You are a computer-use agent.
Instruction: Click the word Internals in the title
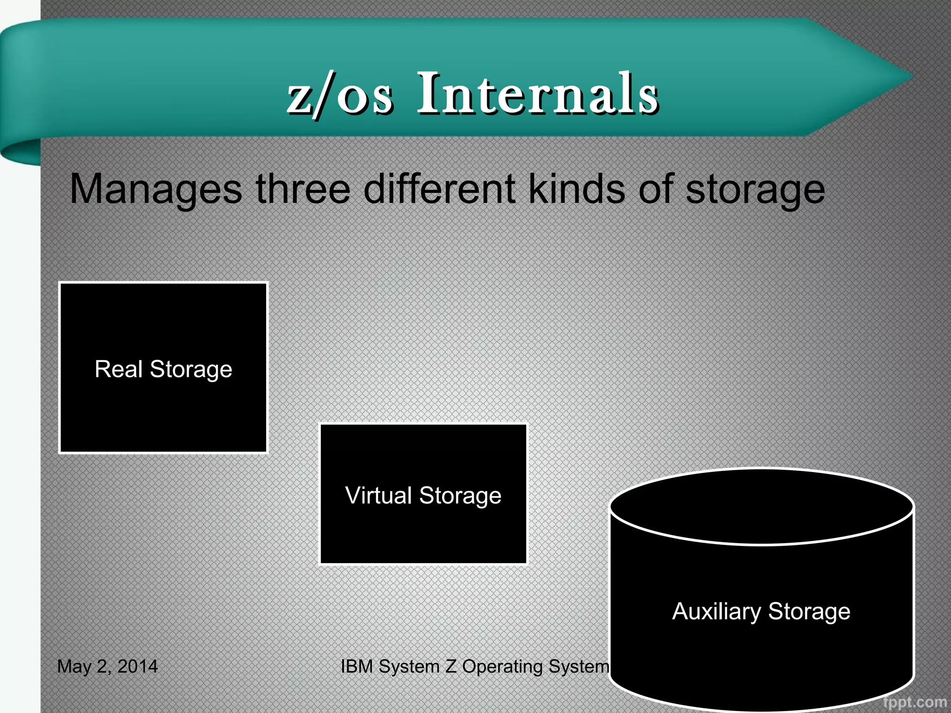pyautogui.click(x=538, y=94)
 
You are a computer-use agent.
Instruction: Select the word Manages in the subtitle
pyautogui.click(x=156, y=189)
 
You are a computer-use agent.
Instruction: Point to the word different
pyautogui.click(x=439, y=189)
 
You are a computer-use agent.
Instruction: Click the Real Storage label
pyautogui.click(x=163, y=369)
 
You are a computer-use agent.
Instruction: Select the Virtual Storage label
pyautogui.click(x=423, y=495)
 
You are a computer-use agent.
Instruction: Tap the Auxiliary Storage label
pyautogui.click(x=761, y=611)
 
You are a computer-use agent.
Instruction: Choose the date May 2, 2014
pyautogui.click(x=107, y=667)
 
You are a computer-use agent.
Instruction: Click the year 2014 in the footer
pyautogui.click(x=137, y=667)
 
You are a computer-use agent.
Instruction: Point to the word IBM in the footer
pyautogui.click(x=357, y=667)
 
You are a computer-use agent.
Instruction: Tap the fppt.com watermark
pyautogui.click(x=915, y=702)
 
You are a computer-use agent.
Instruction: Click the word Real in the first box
pyautogui.click(x=118, y=369)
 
